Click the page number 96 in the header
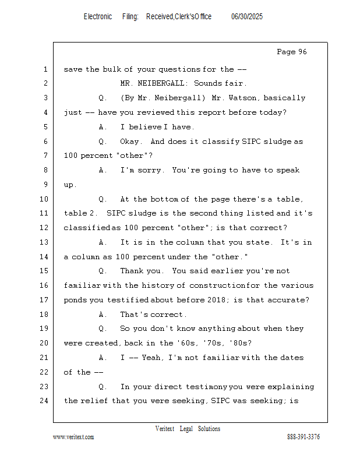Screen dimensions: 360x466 [302, 52]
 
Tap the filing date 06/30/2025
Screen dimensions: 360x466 [247, 17]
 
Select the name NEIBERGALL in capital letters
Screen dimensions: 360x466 [161, 83]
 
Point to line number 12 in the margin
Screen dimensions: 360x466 [44, 228]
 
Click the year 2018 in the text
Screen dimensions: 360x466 [216, 300]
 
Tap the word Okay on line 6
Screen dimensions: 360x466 [129, 142]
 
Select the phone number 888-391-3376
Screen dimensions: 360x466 [303, 437]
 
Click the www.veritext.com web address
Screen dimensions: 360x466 [73, 437]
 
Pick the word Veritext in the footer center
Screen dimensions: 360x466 [165, 429]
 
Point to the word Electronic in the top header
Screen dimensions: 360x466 [98, 17]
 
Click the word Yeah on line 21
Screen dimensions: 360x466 [151, 358]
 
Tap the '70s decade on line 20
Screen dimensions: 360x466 [213, 343]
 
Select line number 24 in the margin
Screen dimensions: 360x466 [44, 401]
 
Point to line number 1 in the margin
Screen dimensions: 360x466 [45, 69]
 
